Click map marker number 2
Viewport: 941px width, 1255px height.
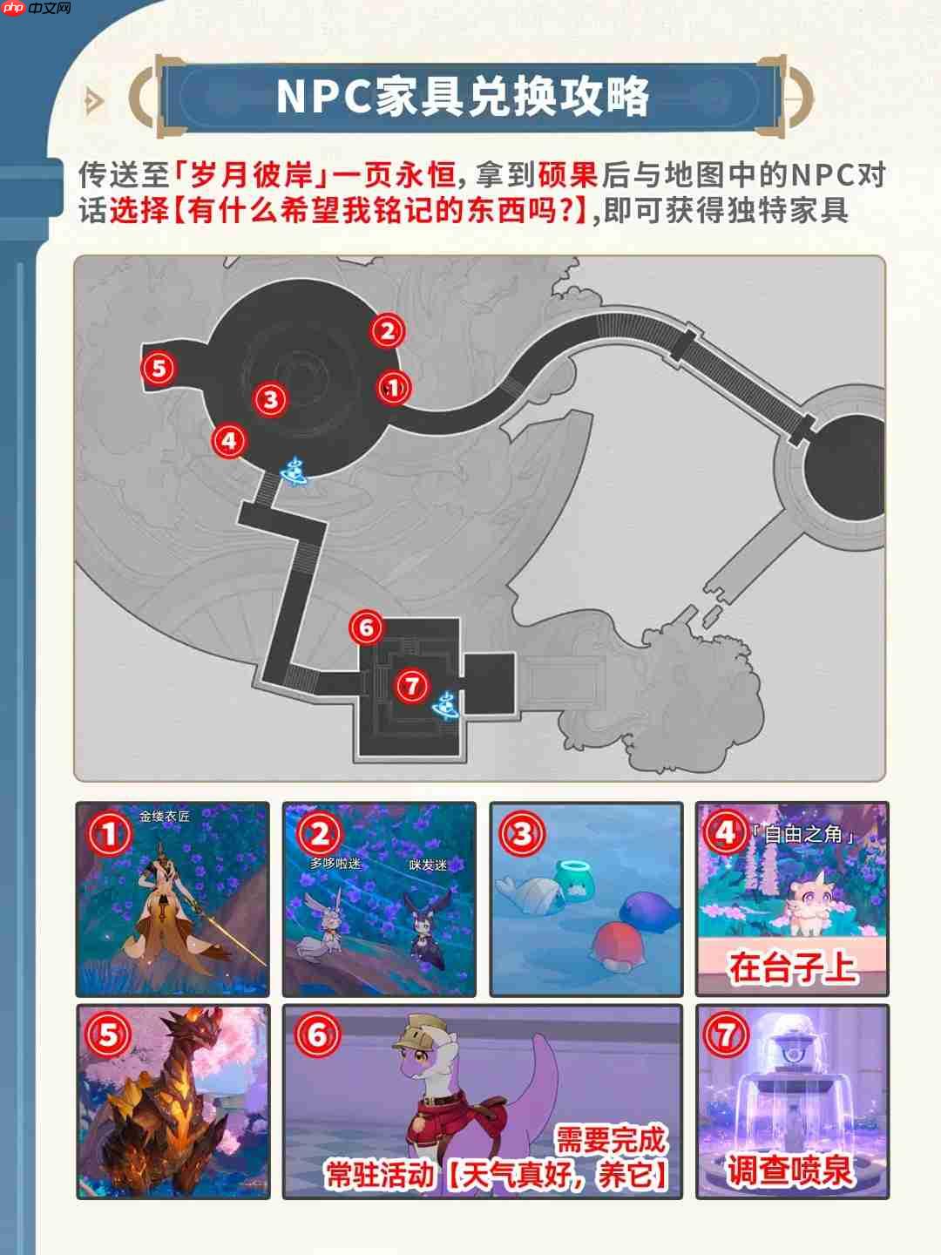pyautogui.click(x=387, y=330)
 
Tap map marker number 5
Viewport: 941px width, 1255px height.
pyautogui.click(x=159, y=368)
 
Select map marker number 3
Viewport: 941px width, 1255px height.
pyautogui.click(x=271, y=399)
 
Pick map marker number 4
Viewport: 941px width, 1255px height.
pyautogui.click(x=229, y=440)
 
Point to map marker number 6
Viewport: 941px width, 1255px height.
pyautogui.click(x=366, y=627)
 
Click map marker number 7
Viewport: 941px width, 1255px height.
pyautogui.click(x=411, y=685)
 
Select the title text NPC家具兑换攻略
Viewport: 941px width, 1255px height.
pyautogui.click(x=463, y=96)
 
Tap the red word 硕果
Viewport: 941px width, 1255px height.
pyautogui.click(x=568, y=175)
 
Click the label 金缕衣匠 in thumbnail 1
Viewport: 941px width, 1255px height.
pyautogui.click(x=165, y=817)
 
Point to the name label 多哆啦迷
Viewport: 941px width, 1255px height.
pyautogui.click(x=335, y=863)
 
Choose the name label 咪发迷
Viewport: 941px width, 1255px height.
pyautogui.click(x=428, y=865)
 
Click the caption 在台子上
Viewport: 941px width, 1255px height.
pyautogui.click(x=792, y=967)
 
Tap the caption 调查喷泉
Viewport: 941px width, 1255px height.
pyautogui.click(x=789, y=1170)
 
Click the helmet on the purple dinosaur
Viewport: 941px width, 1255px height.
pyautogui.click(x=420, y=1035)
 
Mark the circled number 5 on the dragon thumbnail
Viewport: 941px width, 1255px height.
pyautogui.click(x=109, y=1035)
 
